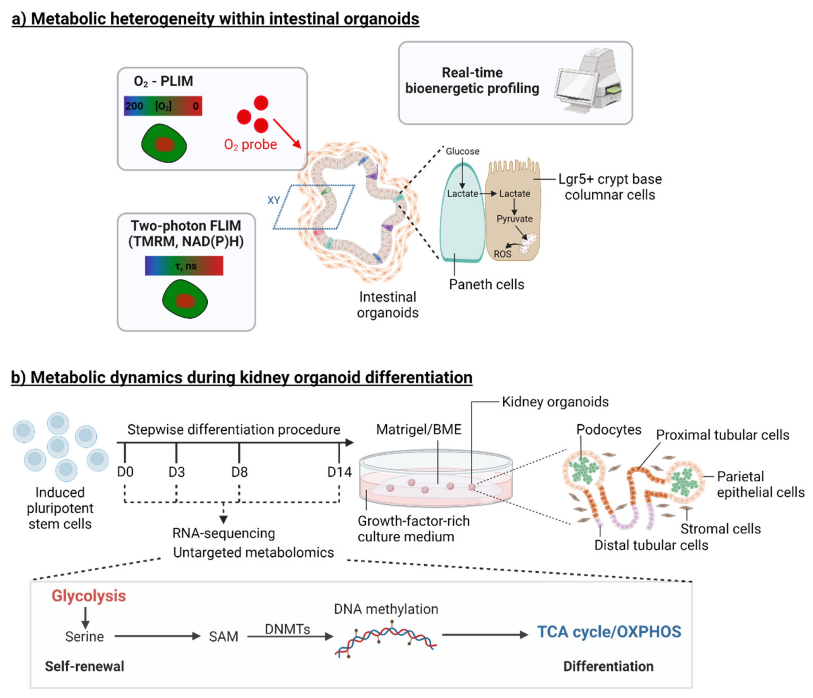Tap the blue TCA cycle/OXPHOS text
click(x=609, y=632)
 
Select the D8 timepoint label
click(x=239, y=472)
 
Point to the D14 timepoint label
click(x=339, y=472)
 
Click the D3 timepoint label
click(x=177, y=472)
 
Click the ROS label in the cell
click(x=502, y=254)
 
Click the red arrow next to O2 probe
click(x=287, y=133)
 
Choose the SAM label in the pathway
click(x=223, y=636)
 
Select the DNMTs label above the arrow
click(x=287, y=629)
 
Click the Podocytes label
click(x=608, y=430)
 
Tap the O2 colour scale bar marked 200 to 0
click(x=163, y=106)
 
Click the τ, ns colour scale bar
click(x=184, y=266)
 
